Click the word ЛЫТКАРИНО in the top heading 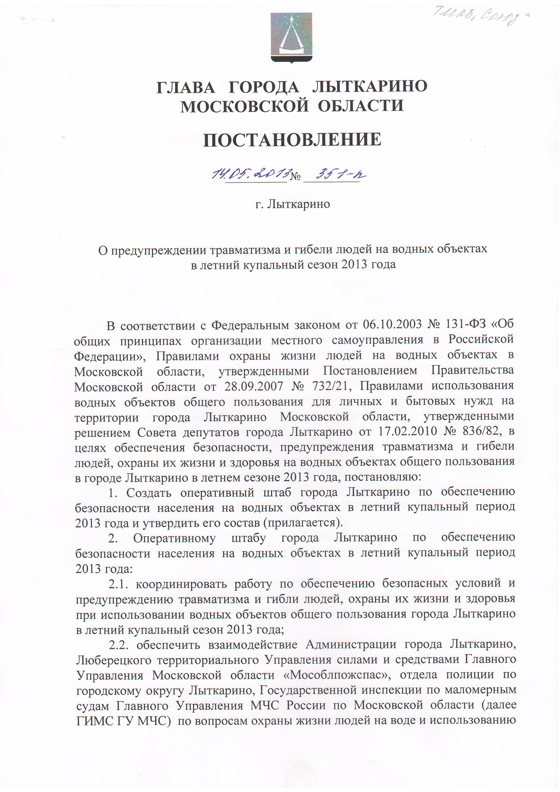click(370, 86)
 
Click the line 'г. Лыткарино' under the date click(292, 204)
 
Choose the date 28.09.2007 click(253, 386)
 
